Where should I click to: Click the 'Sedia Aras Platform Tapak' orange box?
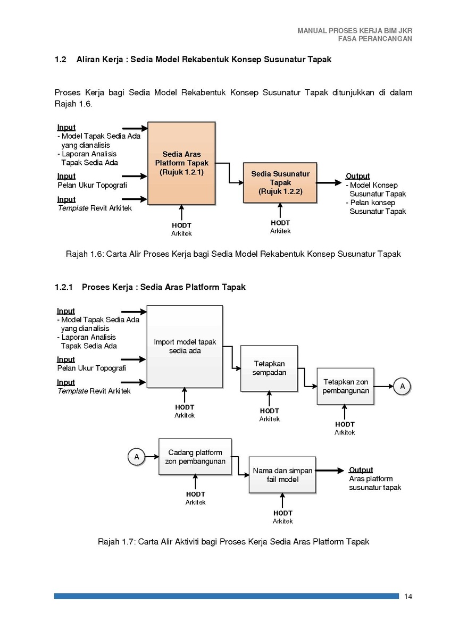coord(181,163)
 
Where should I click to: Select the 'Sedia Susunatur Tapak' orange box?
coord(280,182)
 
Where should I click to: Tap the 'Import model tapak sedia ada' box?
coord(185,346)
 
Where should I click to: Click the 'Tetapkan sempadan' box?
coord(269,368)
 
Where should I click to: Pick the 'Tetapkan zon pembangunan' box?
coord(345,386)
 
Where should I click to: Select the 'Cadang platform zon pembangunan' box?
coord(195,457)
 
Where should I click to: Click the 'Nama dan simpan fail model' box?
coord(282,475)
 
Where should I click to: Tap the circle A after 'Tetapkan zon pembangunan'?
coord(402,386)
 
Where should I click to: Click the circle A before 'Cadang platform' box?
coord(137,457)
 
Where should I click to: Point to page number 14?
coord(408,594)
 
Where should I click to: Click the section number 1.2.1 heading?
coord(64,287)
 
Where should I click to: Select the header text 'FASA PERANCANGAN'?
coord(375,39)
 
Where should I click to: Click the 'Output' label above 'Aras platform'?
coord(361,470)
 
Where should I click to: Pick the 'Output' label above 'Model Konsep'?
coord(357,176)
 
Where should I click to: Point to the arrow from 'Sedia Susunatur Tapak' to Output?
coord(329,182)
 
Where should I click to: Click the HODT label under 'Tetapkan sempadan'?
coord(269,410)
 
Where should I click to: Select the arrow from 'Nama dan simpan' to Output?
coord(330,471)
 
